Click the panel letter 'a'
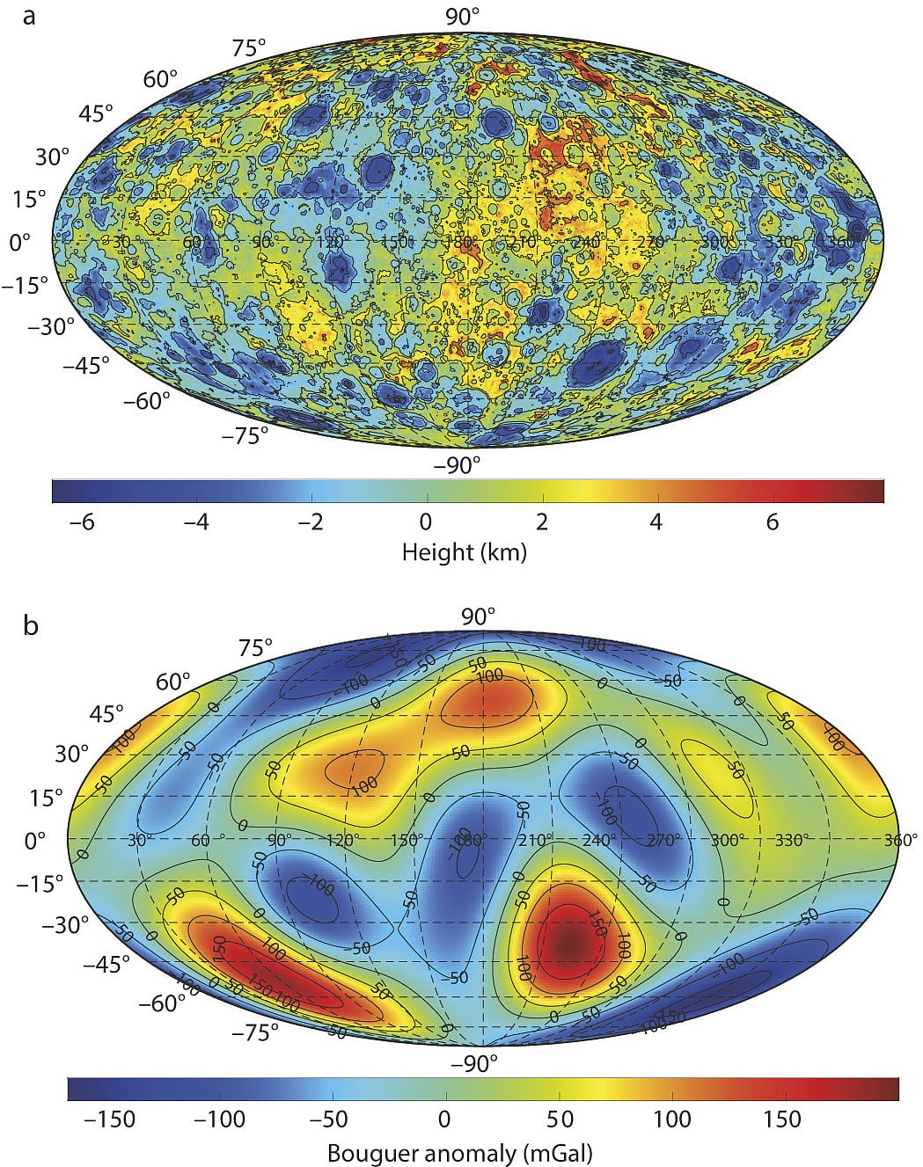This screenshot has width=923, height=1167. [x=29, y=16]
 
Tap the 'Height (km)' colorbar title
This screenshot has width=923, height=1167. [x=464, y=551]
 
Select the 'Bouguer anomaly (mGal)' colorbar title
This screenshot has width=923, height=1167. [x=460, y=1152]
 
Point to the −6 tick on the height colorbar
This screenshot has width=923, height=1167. [x=82, y=522]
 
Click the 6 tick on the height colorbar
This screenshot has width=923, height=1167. [x=772, y=522]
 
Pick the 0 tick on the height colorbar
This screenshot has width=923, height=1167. [x=426, y=522]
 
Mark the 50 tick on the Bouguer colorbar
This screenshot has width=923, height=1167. [x=560, y=1119]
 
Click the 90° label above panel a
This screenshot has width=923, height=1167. [x=462, y=16]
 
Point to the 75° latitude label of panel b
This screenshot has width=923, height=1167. [x=256, y=648]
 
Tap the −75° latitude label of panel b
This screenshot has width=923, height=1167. [x=255, y=1032]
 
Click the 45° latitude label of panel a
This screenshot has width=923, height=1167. [x=97, y=113]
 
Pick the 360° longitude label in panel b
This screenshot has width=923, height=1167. [x=900, y=840]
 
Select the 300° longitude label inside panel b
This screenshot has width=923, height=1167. [x=727, y=840]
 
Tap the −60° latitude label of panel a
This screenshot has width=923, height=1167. [x=146, y=401]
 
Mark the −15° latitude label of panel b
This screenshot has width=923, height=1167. [x=41, y=883]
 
